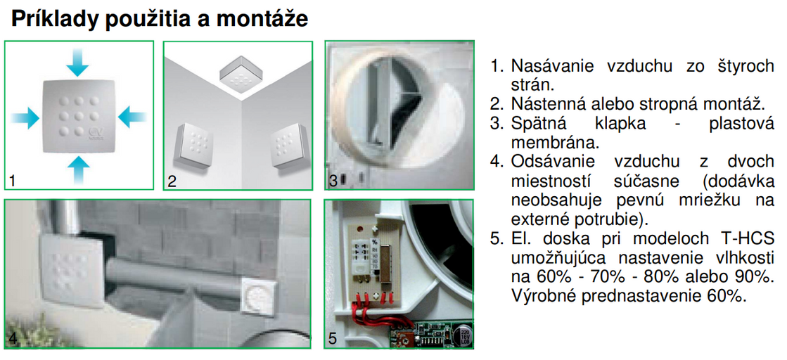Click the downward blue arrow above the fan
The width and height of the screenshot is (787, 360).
click(x=77, y=62)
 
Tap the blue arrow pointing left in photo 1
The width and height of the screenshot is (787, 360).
click(x=132, y=117)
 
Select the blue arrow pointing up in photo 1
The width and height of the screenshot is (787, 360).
click(x=77, y=169)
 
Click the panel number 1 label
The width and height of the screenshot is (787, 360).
click(x=12, y=181)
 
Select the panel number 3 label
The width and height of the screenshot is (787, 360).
click(x=333, y=181)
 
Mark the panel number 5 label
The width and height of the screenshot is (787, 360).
click(x=333, y=338)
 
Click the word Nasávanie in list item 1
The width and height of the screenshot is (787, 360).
click(x=552, y=66)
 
